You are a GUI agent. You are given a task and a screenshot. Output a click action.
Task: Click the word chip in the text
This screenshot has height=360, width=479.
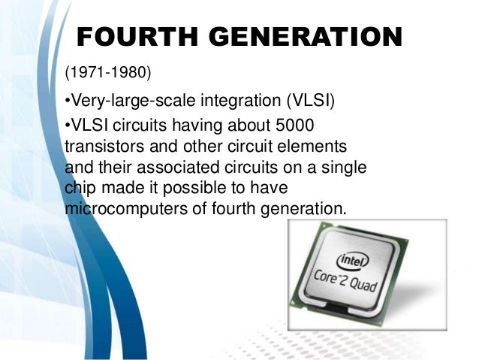pyautogui.click(x=80, y=186)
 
